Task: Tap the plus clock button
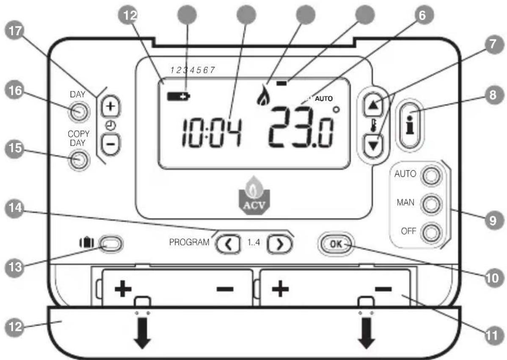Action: tap(110, 106)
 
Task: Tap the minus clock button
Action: tap(110, 143)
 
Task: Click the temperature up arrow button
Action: tap(374, 104)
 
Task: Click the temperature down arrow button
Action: tap(374, 143)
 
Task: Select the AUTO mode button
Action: tap(430, 175)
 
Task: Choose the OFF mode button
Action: tap(430, 232)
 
